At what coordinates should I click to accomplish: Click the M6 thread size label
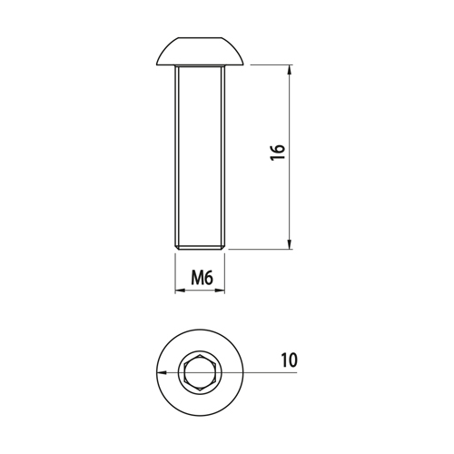pos(202,278)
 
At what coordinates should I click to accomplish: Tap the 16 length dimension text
pos(278,153)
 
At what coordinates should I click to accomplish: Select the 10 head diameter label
pos(289,360)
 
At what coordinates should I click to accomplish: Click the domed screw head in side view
pos(200,51)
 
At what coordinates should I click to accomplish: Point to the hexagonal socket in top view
pos(200,372)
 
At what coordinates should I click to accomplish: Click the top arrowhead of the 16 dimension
pos(290,69)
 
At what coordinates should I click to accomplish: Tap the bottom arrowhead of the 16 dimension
pos(290,244)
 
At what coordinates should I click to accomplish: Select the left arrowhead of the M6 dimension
pos(180,291)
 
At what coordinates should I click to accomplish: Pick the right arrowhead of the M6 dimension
pos(220,291)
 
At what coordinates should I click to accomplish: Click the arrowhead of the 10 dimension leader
pos(162,372)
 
